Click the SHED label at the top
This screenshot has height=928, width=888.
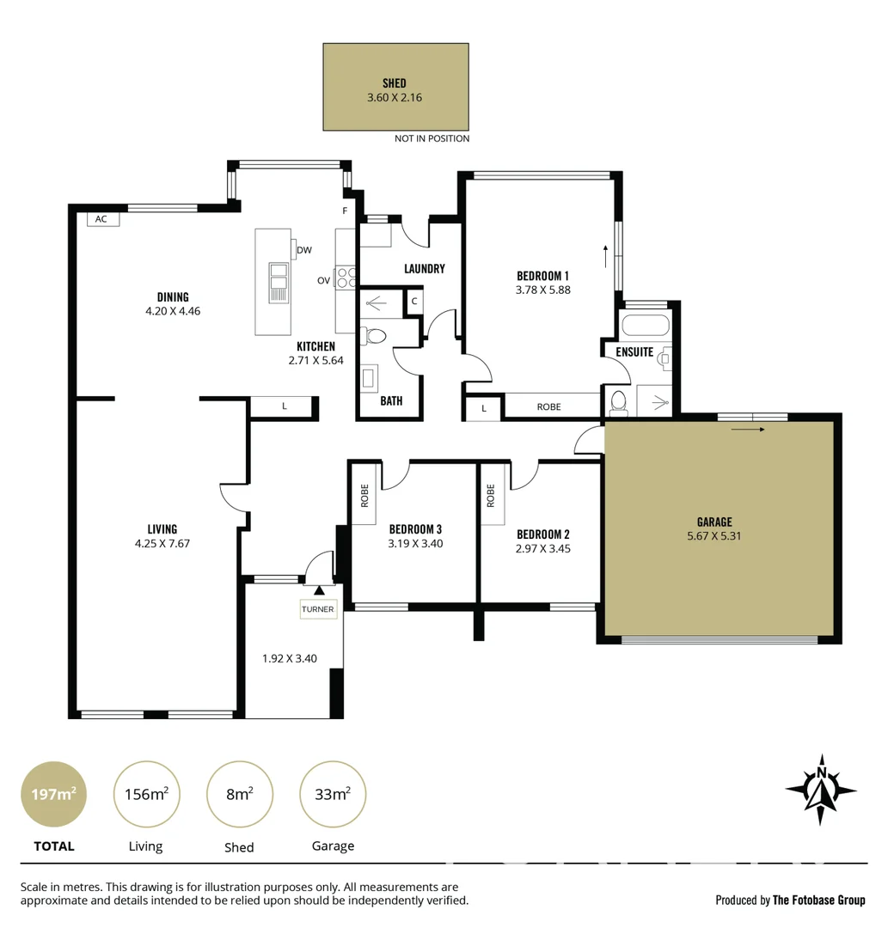(x=395, y=83)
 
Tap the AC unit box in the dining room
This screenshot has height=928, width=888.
(x=101, y=219)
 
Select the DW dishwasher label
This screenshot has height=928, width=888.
(x=303, y=251)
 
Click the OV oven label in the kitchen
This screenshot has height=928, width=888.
(x=323, y=280)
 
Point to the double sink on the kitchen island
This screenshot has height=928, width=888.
(x=279, y=283)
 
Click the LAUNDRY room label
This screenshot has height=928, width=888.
(x=425, y=269)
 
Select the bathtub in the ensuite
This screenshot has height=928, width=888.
(x=647, y=327)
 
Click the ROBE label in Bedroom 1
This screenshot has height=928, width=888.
(x=548, y=406)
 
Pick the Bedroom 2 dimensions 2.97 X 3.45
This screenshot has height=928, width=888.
(x=542, y=549)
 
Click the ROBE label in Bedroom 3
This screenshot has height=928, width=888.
(x=364, y=496)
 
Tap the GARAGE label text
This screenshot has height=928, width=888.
(x=714, y=522)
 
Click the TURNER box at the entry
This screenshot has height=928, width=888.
(x=317, y=610)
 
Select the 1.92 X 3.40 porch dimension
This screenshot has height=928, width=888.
(x=290, y=659)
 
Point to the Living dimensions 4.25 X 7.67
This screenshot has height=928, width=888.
(x=162, y=544)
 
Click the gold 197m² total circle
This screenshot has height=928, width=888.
(x=53, y=794)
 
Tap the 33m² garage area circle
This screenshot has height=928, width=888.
(x=332, y=794)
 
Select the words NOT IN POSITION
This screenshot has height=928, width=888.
(x=432, y=138)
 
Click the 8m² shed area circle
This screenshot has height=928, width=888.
(x=239, y=794)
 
